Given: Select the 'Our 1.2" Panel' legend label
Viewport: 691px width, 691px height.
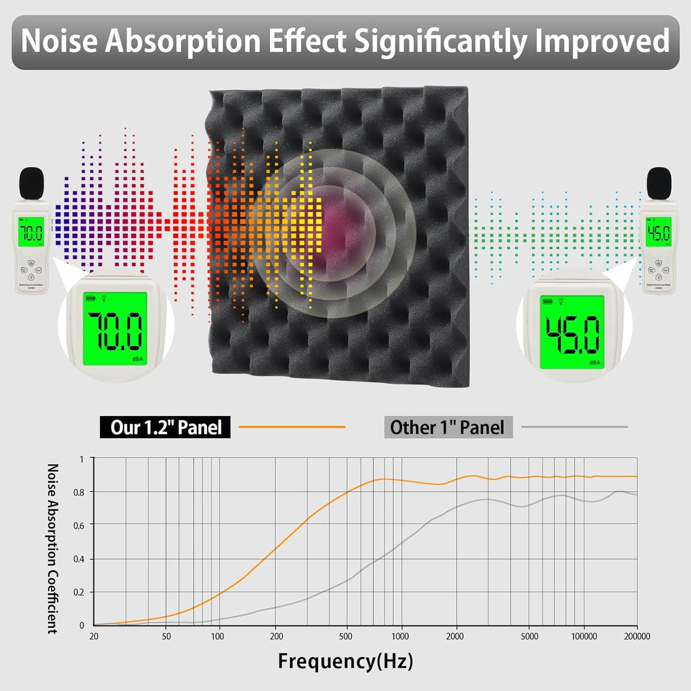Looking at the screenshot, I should click(166, 427).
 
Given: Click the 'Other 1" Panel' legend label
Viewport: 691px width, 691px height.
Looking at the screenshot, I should click(447, 427).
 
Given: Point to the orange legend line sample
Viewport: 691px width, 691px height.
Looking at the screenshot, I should click(292, 426).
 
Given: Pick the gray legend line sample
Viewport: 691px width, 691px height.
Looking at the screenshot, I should click(574, 426).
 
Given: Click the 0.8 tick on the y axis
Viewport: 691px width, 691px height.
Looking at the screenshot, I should click(79, 492).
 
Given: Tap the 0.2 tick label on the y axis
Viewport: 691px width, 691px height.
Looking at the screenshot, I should click(79, 593).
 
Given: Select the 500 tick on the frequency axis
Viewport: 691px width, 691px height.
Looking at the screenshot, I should click(345, 636).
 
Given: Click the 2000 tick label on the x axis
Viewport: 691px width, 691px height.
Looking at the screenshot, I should click(455, 636).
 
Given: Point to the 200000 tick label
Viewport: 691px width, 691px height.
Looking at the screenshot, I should click(637, 636).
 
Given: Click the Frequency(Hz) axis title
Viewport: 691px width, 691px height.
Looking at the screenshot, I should click(345, 661).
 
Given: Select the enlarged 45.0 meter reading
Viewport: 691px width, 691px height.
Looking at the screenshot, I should click(573, 334).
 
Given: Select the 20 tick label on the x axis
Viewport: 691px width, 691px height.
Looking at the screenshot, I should click(94, 636).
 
